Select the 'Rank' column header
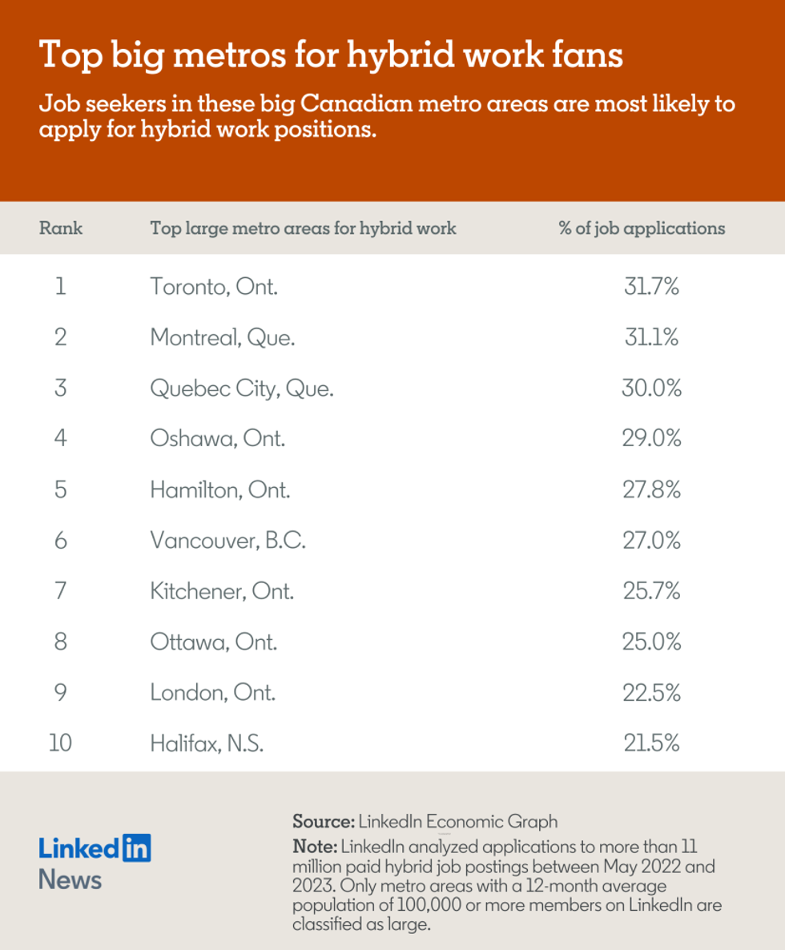tap(60, 228)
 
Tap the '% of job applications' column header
tap(641, 228)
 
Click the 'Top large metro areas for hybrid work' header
tap(303, 228)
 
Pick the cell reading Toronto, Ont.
tap(214, 287)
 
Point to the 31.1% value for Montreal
tap(651, 337)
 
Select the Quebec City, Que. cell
tap(241, 388)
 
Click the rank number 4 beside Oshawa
tap(60, 439)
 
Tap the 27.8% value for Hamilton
tap(651, 489)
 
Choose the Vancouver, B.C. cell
tap(227, 541)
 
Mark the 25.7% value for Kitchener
tap(651, 591)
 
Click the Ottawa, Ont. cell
tap(213, 642)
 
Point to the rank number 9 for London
tap(60, 693)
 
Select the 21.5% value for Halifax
tap(651, 743)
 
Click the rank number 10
tap(60, 743)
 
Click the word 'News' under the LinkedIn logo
tap(70, 880)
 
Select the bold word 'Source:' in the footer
tap(323, 822)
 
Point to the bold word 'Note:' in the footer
tap(316, 847)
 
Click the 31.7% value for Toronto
tap(651, 287)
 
